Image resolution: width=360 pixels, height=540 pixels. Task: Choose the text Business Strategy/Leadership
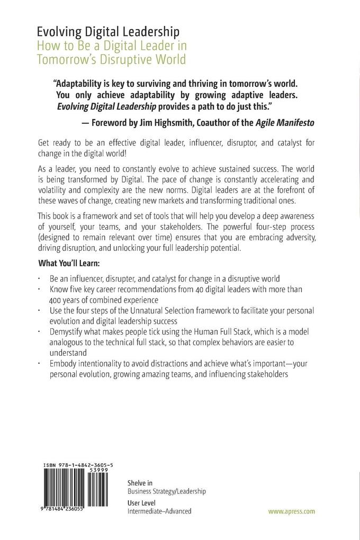[167, 491]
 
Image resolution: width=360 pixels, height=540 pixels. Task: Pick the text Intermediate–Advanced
[159, 511]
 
